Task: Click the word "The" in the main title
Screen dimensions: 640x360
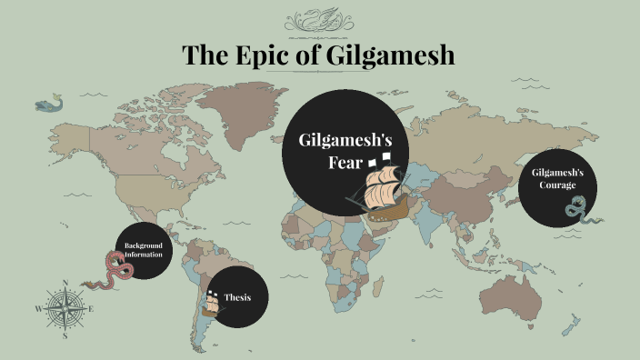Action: click(206, 55)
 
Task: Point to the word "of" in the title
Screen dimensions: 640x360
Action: click(312, 55)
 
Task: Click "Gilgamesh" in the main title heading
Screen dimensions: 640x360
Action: click(393, 55)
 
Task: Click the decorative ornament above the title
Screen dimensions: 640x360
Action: click(320, 21)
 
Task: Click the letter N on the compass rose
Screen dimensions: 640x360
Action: click(65, 283)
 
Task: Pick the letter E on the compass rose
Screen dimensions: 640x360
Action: click(92, 309)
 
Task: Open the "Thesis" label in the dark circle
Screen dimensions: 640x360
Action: click(237, 298)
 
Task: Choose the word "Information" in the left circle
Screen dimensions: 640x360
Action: click(144, 255)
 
